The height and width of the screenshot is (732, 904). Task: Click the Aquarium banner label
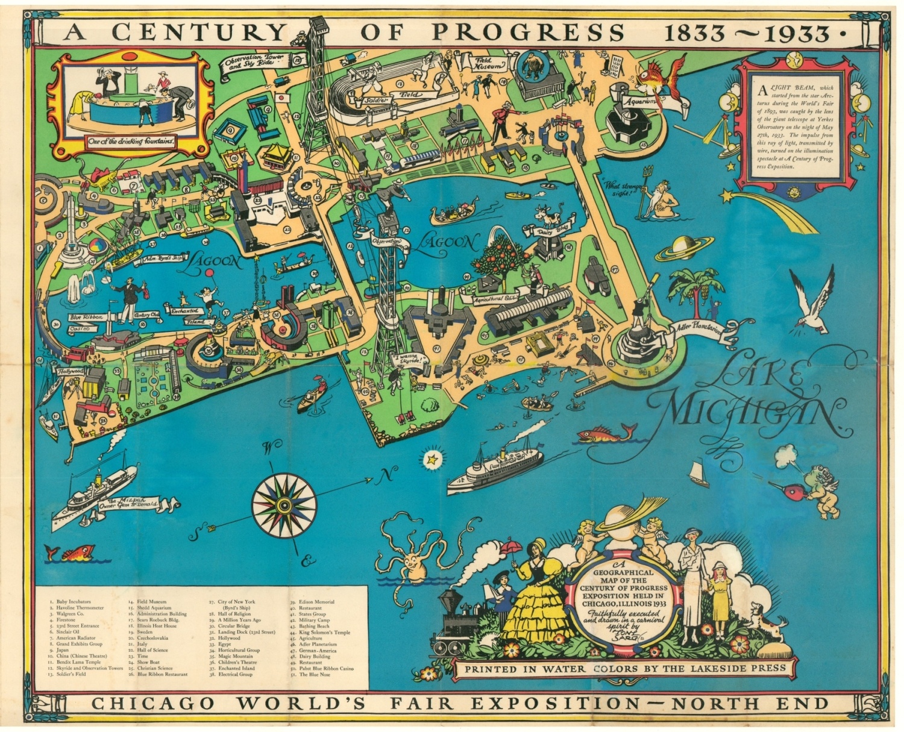click(x=639, y=102)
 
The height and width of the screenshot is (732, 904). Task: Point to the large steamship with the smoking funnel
click(x=494, y=470)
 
